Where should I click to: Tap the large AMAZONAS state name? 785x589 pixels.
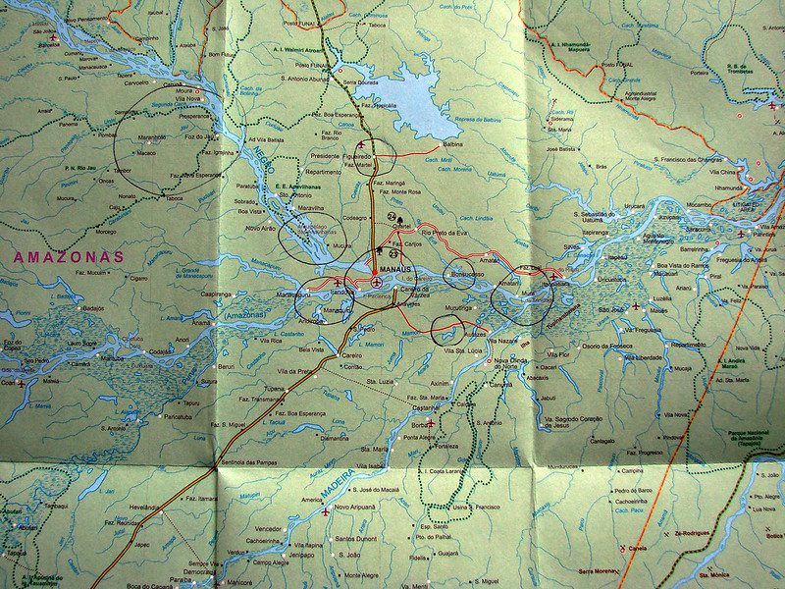point(69,257)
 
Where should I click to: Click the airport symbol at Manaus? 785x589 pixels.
point(377,283)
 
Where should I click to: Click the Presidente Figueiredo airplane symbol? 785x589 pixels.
point(360,144)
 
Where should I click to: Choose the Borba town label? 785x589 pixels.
point(419,425)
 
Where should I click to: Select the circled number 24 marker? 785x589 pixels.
point(393,216)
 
